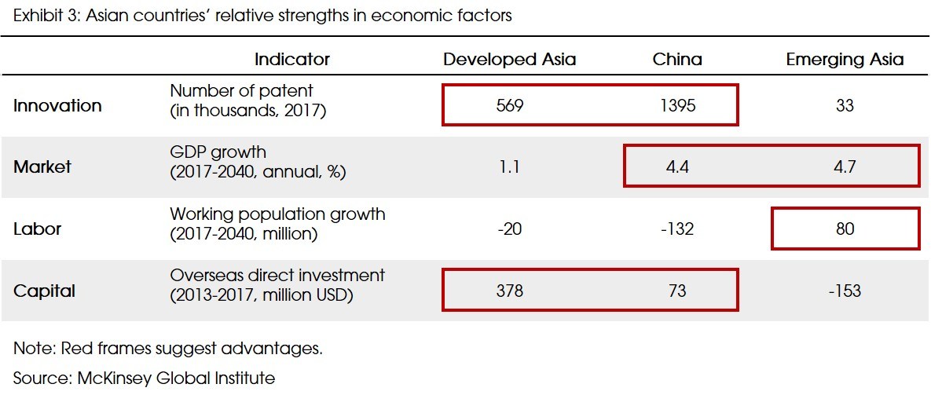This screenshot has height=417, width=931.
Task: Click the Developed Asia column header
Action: [x=509, y=60]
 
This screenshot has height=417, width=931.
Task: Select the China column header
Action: [x=677, y=60]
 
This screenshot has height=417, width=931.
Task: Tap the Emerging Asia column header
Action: [x=845, y=60]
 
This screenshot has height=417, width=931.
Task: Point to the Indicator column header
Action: [x=291, y=60]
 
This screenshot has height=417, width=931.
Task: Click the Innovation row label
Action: [x=57, y=105]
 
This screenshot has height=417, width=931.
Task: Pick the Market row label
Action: [x=42, y=166]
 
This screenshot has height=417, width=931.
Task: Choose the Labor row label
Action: [x=37, y=229]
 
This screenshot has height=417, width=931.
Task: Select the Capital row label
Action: [x=44, y=291]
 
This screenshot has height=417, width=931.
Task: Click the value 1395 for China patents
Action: [x=677, y=105]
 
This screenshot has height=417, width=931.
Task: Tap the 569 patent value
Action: [x=510, y=105]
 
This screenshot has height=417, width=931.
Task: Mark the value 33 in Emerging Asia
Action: [x=845, y=105]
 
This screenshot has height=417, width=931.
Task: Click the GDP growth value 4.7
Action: [x=845, y=166]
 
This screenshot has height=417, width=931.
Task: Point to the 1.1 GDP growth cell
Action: [x=510, y=166]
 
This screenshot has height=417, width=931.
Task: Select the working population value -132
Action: [x=676, y=229]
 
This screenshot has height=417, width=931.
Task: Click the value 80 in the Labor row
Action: [x=845, y=229]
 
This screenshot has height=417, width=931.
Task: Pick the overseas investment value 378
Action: [x=510, y=291]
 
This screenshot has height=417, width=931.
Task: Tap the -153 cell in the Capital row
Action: [x=844, y=291]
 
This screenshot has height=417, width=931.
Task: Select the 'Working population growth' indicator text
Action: [x=277, y=214]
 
